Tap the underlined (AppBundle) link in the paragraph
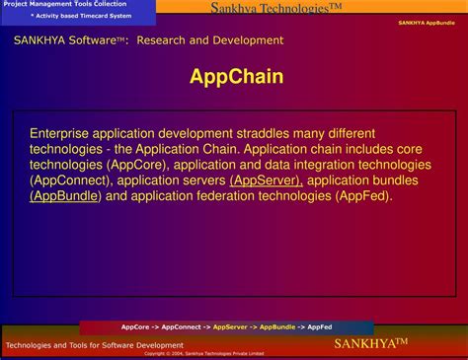coord(65,196)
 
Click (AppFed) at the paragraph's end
coord(363,196)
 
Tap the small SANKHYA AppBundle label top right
coord(427,22)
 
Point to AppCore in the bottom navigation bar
coord(135,326)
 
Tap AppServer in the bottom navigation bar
coord(230,326)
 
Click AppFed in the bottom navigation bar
coord(320,326)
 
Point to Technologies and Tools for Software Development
coord(95,345)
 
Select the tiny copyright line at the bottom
coord(204,353)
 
